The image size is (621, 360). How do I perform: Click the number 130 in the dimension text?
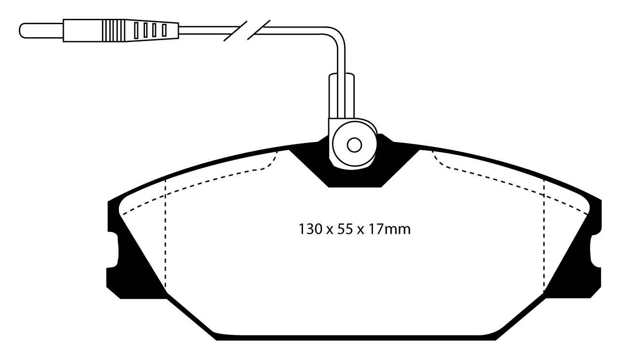[x=310, y=229]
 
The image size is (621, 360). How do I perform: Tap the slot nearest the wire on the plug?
[x=164, y=30]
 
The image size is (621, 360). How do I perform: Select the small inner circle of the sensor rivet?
[x=355, y=144]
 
